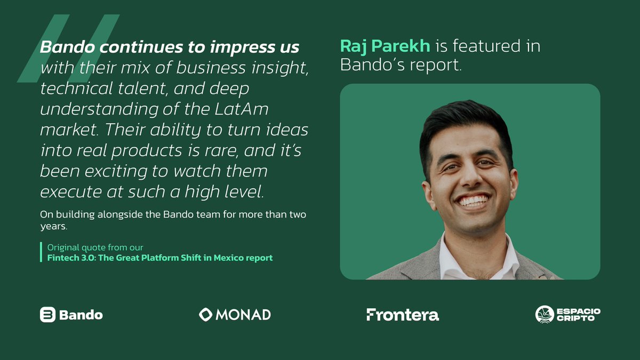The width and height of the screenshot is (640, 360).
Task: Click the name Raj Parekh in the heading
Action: point(385,46)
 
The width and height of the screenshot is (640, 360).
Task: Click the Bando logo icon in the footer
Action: point(47,315)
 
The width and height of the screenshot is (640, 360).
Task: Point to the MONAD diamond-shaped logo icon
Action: point(206,315)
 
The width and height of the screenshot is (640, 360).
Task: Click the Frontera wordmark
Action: point(403,315)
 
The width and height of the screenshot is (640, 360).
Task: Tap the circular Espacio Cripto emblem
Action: point(545,315)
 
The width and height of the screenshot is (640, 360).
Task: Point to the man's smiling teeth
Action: point(474,201)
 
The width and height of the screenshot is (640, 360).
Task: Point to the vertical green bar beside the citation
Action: point(41,252)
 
